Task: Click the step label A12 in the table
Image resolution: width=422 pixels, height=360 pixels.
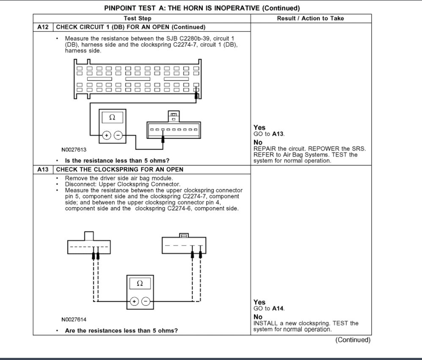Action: (x=43, y=27)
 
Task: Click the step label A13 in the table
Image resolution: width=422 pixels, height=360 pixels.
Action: (x=43, y=169)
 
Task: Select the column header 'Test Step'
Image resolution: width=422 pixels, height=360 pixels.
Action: (x=138, y=19)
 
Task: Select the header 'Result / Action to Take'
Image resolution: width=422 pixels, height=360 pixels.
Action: (x=310, y=19)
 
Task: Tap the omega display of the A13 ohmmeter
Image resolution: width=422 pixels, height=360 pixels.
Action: (x=140, y=282)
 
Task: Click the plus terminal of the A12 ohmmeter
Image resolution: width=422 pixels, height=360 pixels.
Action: (x=106, y=136)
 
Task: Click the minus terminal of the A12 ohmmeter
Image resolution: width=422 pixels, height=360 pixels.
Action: (x=119, y=136)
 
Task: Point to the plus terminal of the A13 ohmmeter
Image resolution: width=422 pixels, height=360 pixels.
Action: (x=134, y=301)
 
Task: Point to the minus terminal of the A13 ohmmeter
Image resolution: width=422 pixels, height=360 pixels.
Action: (x=146, y=301)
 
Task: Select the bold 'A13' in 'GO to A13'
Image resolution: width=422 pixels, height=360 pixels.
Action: (x=278, y=134)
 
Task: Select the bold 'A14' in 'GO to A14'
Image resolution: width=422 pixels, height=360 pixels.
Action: (x=278, y=308)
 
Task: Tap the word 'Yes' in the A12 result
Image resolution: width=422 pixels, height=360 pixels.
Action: (x=259, y=127)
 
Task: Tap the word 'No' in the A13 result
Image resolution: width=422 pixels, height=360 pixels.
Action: (x=258, y=317)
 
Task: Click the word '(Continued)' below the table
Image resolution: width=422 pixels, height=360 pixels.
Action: (x=353, y=340)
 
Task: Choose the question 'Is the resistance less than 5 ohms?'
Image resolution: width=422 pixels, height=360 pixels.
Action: (x=117, y=161)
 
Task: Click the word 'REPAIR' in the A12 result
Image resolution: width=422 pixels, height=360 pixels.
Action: (x=265, y=149)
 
